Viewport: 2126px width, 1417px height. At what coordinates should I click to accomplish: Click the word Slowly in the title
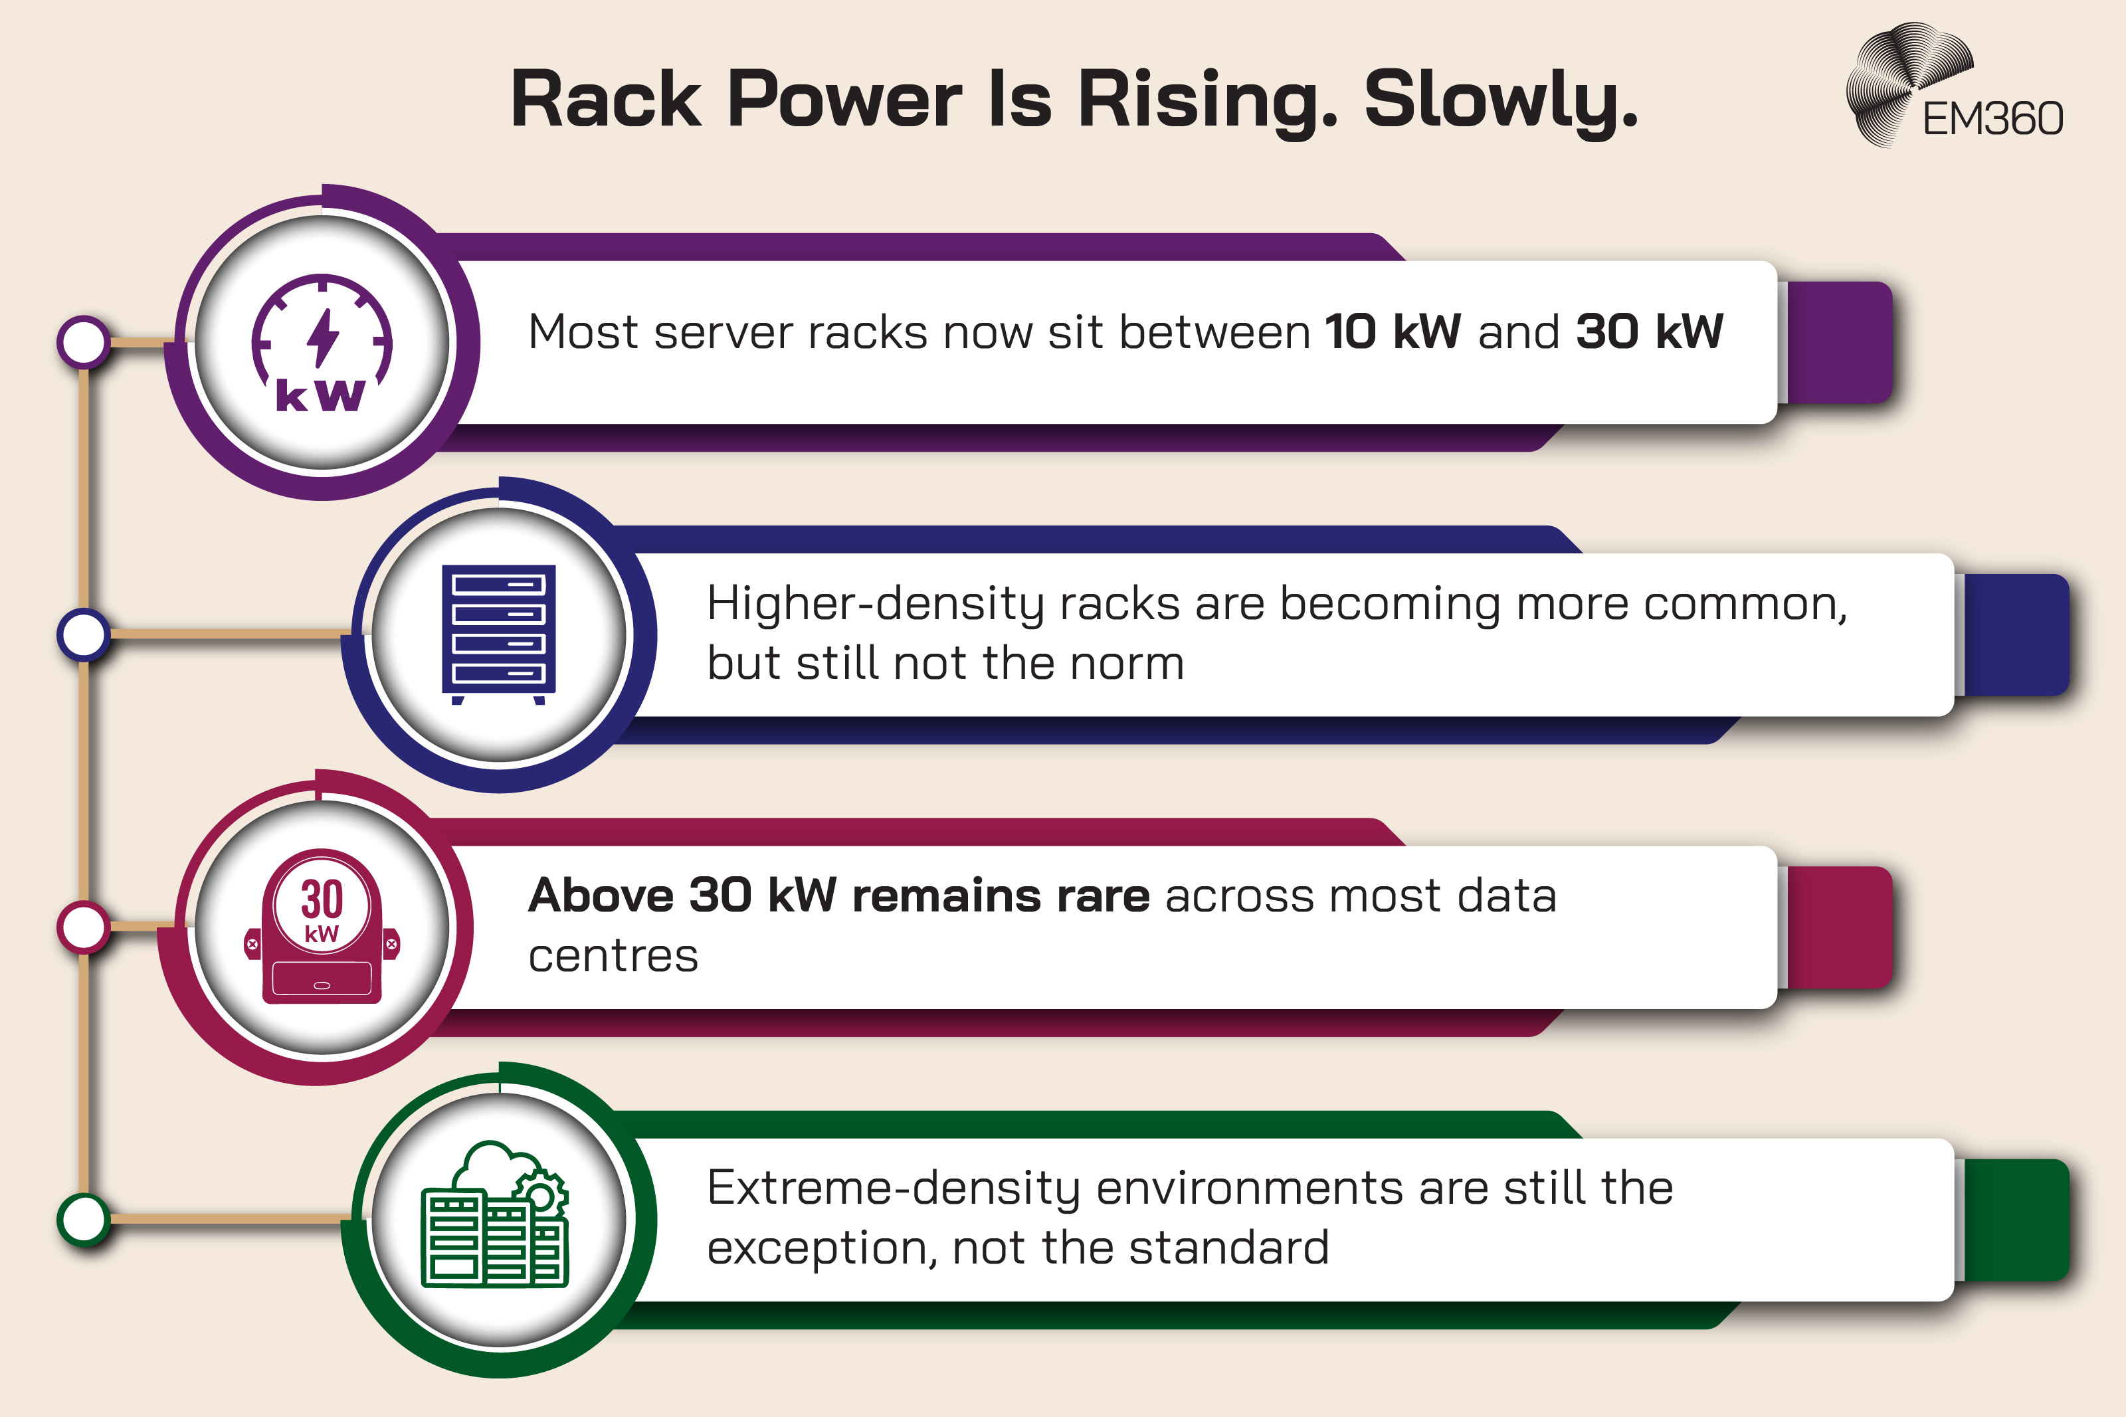click(x=1500, y=100)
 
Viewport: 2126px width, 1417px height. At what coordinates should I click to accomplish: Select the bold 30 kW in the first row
click(x=1649, y=331)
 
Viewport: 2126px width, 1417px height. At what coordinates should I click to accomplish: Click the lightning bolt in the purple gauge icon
click(x=323, y=337)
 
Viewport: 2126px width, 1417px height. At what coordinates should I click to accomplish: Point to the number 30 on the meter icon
click(x=322, y=899)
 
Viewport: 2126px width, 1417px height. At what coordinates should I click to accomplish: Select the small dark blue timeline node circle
click(x=84, y=634)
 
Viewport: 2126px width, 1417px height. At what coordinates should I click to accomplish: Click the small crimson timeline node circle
click(x=84, y=926)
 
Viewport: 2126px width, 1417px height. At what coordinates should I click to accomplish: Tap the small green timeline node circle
click(x=84, y=1219)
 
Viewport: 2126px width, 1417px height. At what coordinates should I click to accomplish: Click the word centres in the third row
click(x=613, y=956)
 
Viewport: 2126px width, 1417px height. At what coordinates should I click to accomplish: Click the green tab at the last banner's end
click(x=2016, y=1219)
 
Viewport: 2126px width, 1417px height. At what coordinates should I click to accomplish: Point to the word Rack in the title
click(x=605, y=100)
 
